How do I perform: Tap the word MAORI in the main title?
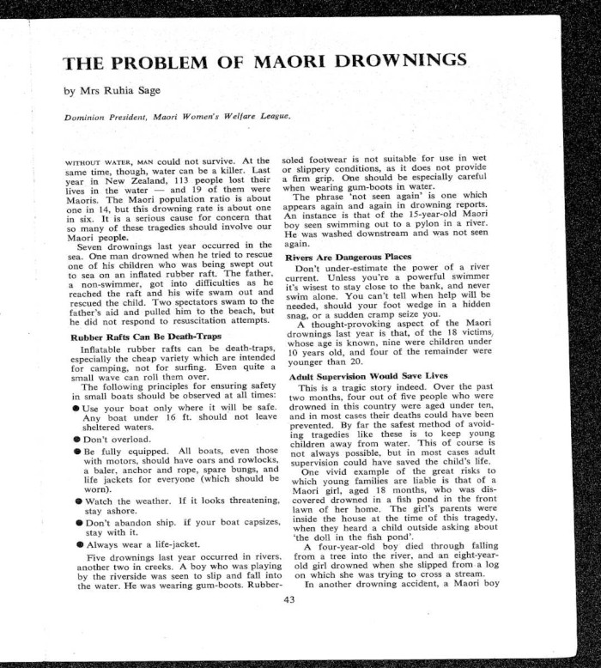coord(289,62)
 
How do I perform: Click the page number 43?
coord(288,600)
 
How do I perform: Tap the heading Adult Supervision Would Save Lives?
coord(369,375)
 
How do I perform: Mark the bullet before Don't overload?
coord(76,438)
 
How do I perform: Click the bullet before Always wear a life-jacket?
coord(76,544)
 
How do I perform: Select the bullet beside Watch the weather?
coord(76,499)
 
